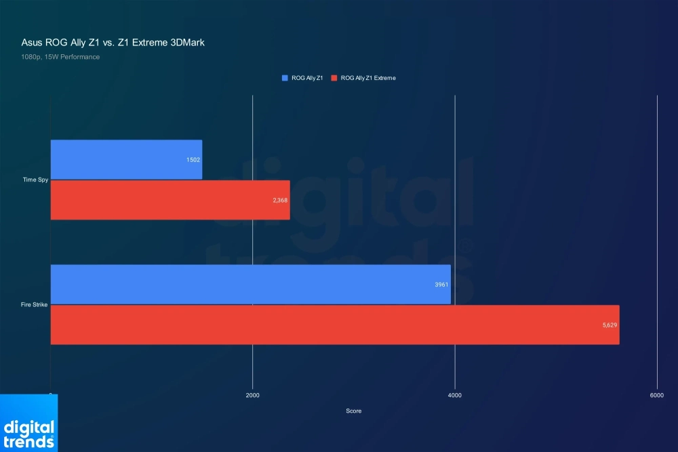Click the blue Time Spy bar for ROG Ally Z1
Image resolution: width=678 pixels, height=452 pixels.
click(x=126, y=159)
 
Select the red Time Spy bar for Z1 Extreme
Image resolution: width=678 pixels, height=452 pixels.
click(x=170, y=200)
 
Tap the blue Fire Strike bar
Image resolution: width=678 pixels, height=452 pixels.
click(x=250, y=285)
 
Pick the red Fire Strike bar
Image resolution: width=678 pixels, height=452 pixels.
click(x=335, y=325)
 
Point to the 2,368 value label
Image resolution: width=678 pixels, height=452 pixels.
click(x=280, y=201)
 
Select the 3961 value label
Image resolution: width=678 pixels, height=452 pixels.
click(x=442, y=285)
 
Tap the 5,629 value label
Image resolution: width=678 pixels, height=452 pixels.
click(x=610, y=326)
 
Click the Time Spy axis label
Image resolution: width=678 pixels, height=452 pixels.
click(x=35, y=180)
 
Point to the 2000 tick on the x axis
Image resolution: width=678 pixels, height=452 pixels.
click(x=252, y=396)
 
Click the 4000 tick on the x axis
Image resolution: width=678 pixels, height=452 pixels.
click(x=455, y=396)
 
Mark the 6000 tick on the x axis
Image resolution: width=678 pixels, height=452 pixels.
click(x=656, y=396)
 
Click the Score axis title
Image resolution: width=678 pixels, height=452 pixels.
click(x=353, y=411)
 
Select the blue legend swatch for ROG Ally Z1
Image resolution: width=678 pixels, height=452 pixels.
click(x=285, y=78)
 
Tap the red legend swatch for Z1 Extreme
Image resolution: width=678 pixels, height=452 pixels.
click(x=334, y=78)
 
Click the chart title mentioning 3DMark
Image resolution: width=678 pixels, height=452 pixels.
click(x=113, y=42)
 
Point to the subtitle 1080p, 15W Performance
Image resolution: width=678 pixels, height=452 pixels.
click(x=60, y=57)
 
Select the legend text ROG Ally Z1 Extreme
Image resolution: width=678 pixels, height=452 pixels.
click(x=368, y=78)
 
